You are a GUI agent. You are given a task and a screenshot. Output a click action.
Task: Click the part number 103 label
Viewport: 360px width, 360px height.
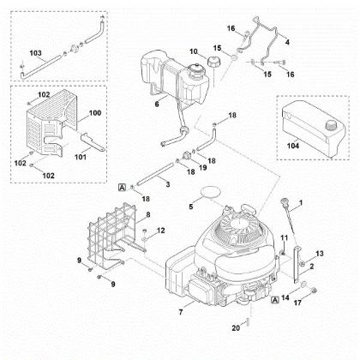(35, 53)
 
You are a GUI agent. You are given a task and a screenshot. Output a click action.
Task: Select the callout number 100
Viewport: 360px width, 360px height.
(95, 113)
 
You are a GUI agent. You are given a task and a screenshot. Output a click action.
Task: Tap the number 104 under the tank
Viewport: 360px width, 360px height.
(293, 146)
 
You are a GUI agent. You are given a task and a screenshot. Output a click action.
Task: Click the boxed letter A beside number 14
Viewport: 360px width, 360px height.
(275, 300)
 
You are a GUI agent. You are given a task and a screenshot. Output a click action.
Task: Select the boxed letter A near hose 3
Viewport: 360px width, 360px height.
(122, 188)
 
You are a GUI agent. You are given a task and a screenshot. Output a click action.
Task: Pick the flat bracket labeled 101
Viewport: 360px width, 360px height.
(93, 142)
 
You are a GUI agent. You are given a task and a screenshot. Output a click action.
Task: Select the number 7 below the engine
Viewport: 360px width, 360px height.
(181, 312)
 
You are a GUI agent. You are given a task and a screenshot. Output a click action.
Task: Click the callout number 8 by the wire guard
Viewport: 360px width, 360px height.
(148, 214)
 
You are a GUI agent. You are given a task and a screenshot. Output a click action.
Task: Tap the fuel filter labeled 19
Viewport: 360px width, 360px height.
(186, 156)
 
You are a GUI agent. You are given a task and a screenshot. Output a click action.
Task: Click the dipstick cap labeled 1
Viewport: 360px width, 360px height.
(285, 201)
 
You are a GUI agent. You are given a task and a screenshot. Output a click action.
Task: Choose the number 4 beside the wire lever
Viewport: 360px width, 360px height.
(287, 42)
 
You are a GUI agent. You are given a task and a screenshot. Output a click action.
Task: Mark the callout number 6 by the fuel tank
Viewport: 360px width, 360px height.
(157, 104)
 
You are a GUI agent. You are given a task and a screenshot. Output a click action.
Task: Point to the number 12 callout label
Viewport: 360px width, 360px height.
(161, 231)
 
